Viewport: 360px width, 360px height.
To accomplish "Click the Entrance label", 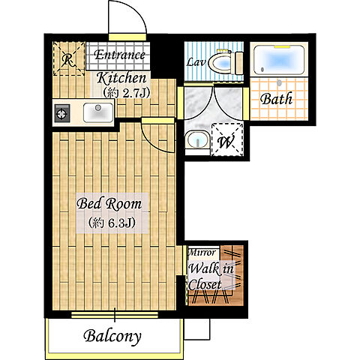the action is pyautogui.click(x=119, y=55).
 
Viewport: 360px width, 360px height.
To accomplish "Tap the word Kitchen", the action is pyautogui.click(x=121, y=78).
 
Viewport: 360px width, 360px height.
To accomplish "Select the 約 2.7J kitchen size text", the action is pyautogui.click(x=126, y=93).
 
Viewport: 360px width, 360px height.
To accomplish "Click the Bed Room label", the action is pyautogui.click(x=109, y=203).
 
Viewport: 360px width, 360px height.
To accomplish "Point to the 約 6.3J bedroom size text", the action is pyautogui.click(x=112, y=222).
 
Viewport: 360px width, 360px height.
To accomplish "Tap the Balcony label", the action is pyautogui.click(x=112, y=336).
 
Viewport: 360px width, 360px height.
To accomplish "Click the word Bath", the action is pyautogui.click(x=276, y=98).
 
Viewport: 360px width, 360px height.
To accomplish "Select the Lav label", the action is pyautogui.click(x=196, y=62).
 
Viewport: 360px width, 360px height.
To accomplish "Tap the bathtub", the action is pyautogui.click(x=279, y=60).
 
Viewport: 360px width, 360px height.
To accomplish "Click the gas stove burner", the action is pyautogui.click(x=61, y=114).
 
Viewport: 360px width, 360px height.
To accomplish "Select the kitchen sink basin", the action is pyautogui.click(x=98, y=112).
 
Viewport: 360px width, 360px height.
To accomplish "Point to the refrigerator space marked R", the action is pyautogui.click(x=68, y=58).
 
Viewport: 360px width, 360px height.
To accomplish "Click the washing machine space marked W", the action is pyautogui.click(x=226, y=139).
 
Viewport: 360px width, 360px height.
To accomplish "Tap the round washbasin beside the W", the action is pyautogui.click(x=197, y=140).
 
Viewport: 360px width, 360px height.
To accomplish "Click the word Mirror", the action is pyautogui.click(x=202, y=252).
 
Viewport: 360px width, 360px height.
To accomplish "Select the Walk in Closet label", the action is pyautogui.click(x=211, y=276).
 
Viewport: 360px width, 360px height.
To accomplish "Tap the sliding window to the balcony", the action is pyautogui.click(x=115, y=314).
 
